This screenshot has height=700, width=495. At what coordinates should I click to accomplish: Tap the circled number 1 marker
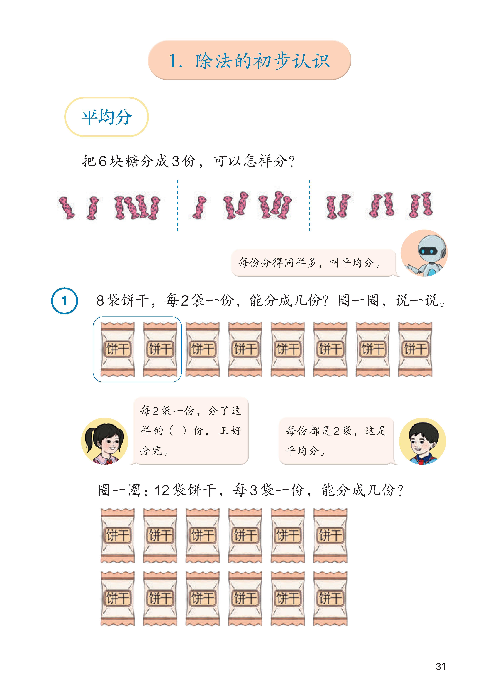coord(64,301)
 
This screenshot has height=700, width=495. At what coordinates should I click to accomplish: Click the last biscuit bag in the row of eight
coord(415,349)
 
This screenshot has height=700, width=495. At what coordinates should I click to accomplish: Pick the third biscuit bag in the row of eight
coord(203,349)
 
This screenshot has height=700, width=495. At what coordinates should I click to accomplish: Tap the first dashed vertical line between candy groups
coord(177,205)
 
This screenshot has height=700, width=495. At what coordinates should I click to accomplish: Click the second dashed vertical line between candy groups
coord(310,205)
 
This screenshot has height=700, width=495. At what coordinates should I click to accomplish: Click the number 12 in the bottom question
coord(162,490)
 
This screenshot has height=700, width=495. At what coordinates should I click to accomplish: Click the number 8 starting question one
coord(100,301)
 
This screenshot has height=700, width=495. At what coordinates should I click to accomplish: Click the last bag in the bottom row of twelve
coord(330,599)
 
